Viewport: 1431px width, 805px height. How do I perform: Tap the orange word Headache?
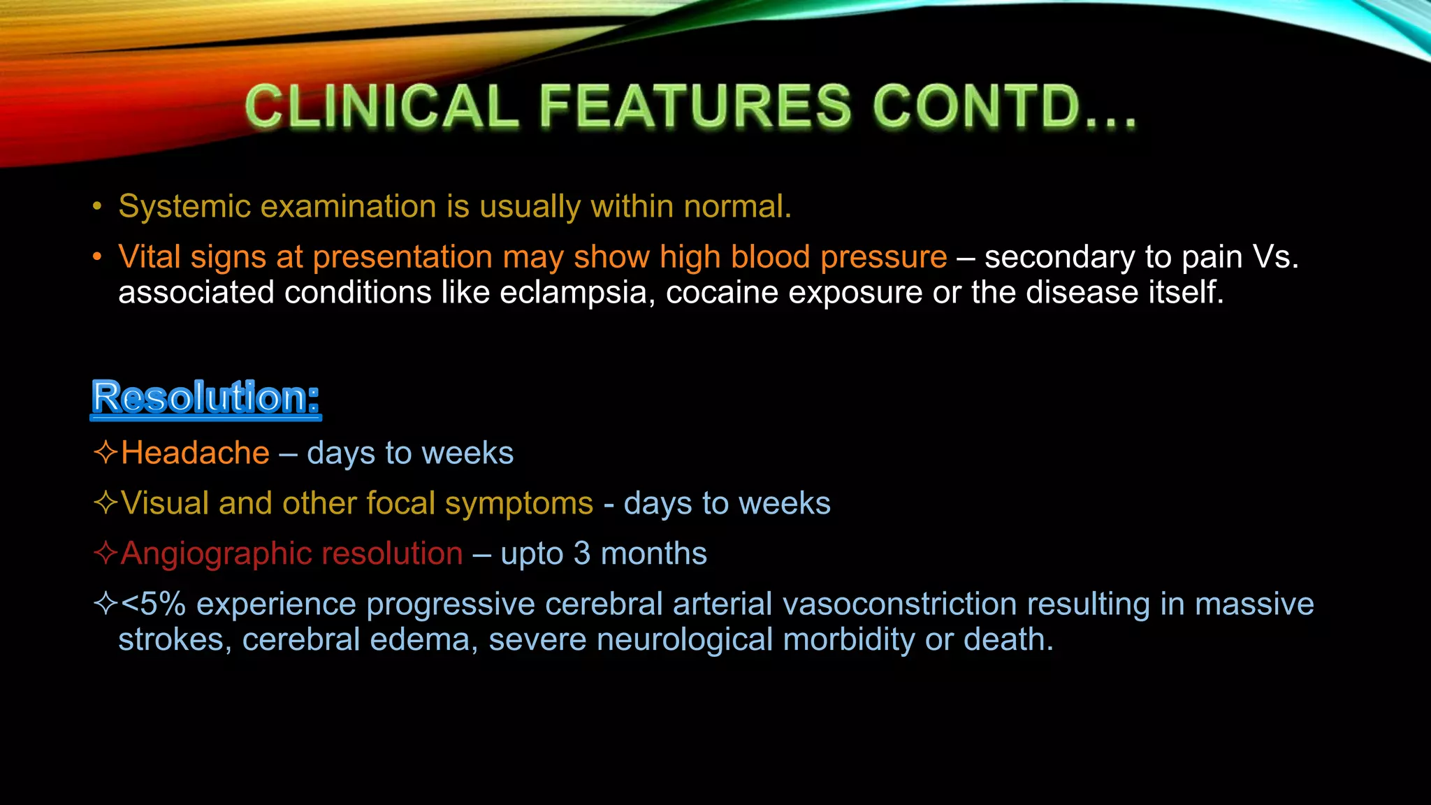point(195,453)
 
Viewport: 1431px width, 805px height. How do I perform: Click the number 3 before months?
point(582,553)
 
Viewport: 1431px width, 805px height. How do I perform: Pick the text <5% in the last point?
point(153,604)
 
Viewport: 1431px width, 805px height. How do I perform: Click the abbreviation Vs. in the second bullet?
point(1275,257)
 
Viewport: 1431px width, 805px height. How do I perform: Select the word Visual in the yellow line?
point(164,503)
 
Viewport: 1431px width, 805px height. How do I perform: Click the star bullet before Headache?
point(105,452)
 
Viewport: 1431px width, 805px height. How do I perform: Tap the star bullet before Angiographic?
point(105,553)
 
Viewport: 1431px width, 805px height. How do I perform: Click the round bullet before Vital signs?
point(97,257)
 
